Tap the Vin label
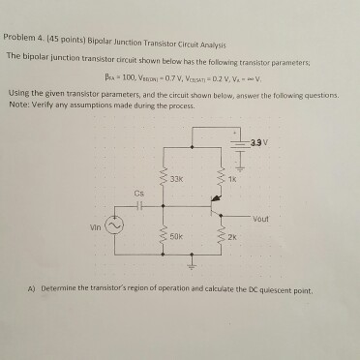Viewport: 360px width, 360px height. (92, 226)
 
